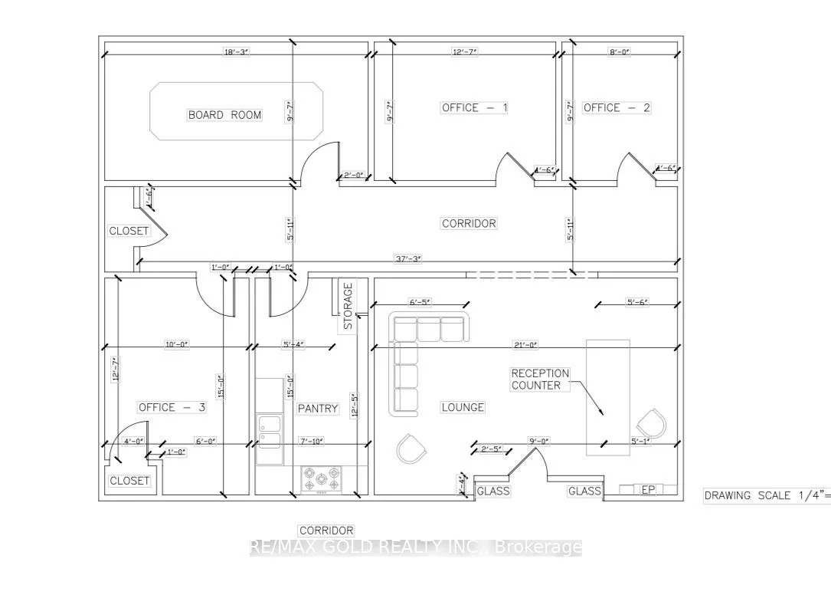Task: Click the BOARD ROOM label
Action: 224,115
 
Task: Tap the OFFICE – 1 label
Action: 474,108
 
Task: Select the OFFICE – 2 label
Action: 617,108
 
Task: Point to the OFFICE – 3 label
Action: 172,407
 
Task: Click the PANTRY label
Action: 318,409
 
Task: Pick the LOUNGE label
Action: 463,407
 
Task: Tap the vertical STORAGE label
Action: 348,306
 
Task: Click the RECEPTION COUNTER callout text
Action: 540,380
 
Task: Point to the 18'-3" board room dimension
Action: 236,51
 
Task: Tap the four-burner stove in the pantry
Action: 322,479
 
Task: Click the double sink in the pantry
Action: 269,432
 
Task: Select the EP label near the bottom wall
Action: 648,490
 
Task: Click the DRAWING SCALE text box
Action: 767,495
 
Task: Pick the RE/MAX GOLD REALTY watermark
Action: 416,547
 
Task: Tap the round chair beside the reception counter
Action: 651,423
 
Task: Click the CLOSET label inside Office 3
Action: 129,481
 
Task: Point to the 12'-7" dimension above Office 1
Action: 465,51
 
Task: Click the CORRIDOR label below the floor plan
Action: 326,531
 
